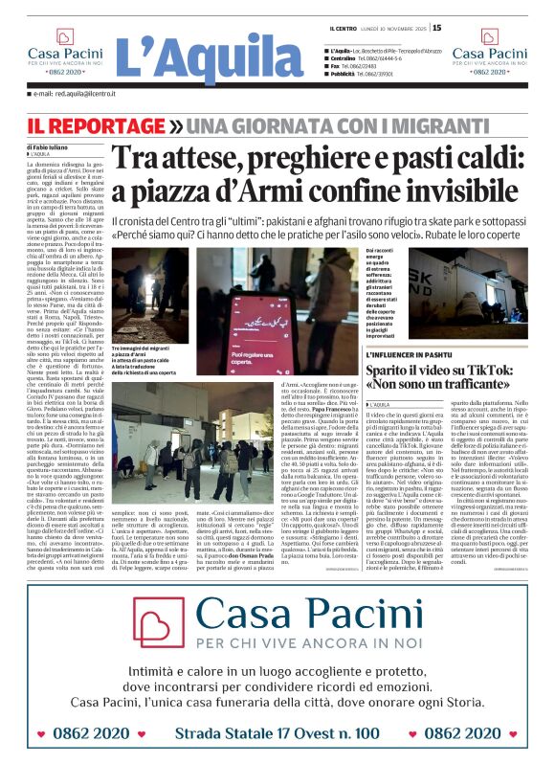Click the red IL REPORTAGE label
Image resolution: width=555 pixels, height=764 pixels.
pyautogui.click(x=97, y=126)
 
